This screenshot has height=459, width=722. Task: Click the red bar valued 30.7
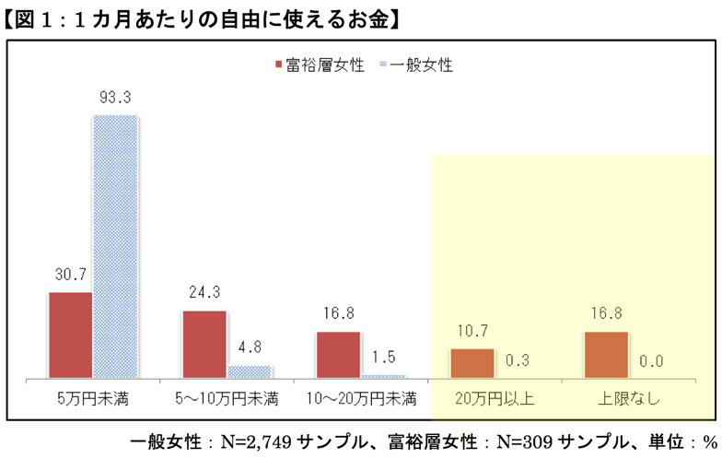click(x=71, y=335)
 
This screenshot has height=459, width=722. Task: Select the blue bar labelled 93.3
click(x=115, y=246)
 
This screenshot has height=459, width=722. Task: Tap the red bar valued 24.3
click(x=204, y=344)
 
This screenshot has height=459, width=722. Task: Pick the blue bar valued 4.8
click(x=250, y=371)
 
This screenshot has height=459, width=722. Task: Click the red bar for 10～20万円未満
click(x=338, y=354)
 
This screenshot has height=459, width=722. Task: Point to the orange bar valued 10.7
click(x=472, y=363)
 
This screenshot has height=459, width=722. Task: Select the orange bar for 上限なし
click(x=606, y=354)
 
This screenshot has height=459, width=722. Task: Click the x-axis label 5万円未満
click(x=92, y=400)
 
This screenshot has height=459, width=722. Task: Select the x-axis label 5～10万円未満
click(x=227, y=400)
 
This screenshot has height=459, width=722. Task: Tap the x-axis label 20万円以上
click(x=495, y=400)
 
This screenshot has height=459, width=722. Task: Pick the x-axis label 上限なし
click(x=628, y=400)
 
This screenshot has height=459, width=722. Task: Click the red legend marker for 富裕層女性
click(x=278, y=65)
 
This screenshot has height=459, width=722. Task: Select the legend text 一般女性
click(x=422, y=65)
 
